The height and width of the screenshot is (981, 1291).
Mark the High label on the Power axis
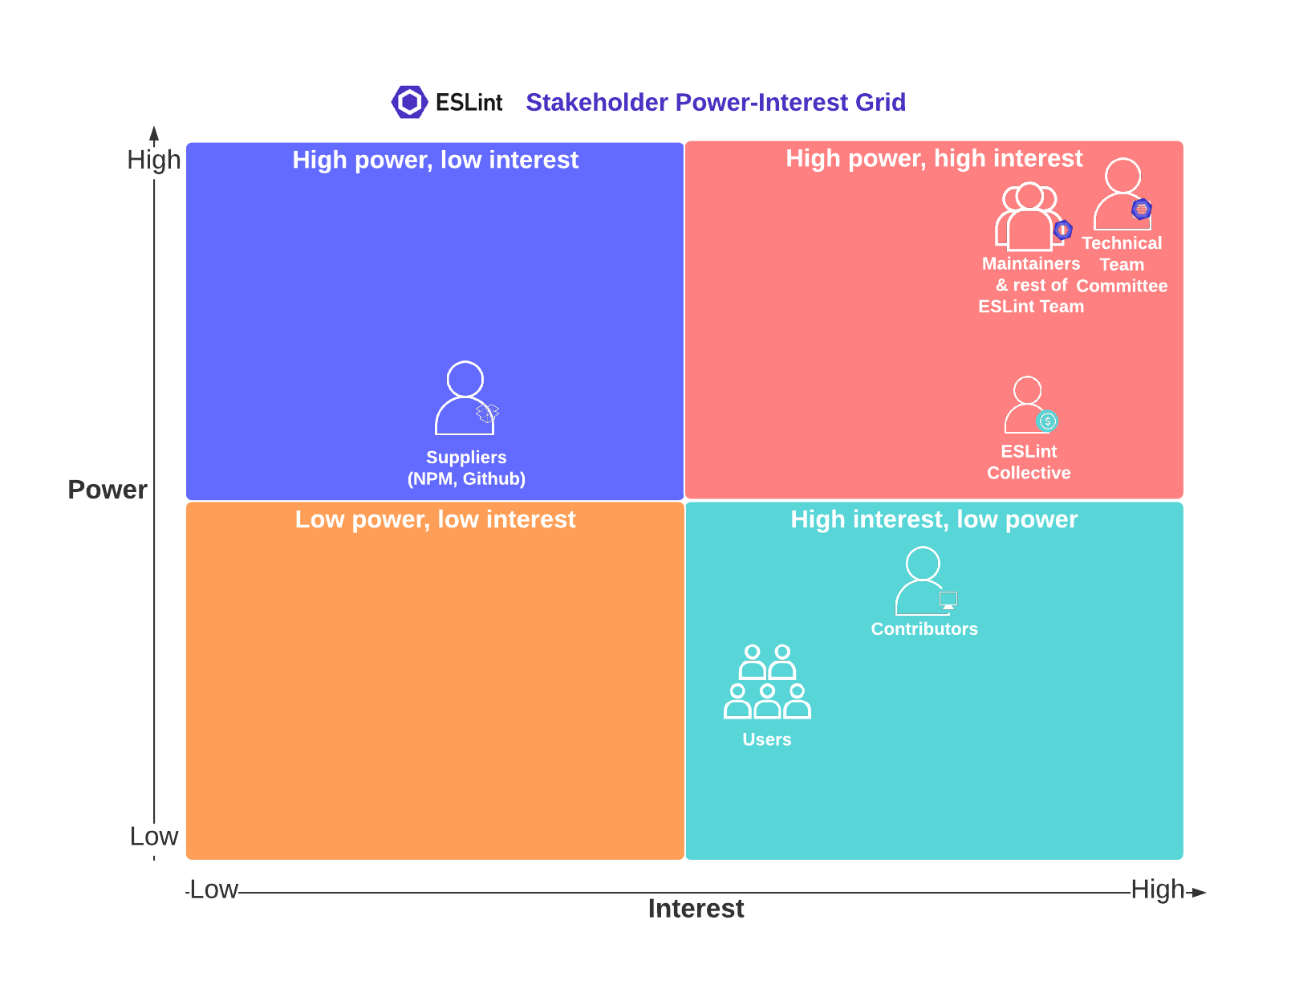tap(153, 159)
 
